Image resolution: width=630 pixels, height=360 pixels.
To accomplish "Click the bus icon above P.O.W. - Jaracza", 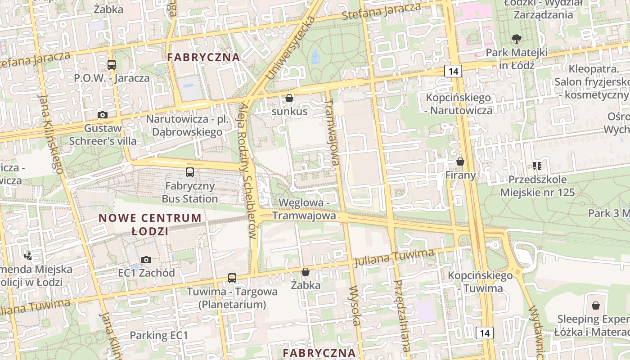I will [x=111, y=64].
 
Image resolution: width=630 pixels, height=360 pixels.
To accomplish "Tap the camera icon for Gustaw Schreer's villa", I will [x=103, y=115].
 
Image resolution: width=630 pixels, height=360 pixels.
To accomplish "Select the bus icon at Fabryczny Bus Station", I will [x=190, y=172].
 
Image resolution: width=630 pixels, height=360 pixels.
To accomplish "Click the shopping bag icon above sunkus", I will [x=289, y=98].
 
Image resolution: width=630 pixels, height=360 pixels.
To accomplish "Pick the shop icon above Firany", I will [x=460, y=161].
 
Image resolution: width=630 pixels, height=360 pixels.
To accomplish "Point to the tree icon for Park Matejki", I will [x=516, y=39].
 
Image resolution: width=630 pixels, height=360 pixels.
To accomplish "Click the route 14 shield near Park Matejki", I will [x=453, y=71].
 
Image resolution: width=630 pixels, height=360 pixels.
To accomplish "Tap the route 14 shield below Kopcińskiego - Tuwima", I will [x=484, y=333].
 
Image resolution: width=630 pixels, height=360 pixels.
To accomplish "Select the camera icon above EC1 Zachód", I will [x=146, y=260].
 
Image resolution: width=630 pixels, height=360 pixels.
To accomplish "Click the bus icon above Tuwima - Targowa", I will [x=232, y=278].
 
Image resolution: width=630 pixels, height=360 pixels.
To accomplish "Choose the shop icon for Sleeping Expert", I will [x=596, y=306].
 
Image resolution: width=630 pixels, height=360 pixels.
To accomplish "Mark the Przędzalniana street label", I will [x=402, y=315].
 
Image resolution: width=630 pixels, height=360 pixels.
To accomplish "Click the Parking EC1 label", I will [x=158, y=335].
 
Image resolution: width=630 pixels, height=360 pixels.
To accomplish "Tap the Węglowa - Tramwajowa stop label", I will [x=304, y=209].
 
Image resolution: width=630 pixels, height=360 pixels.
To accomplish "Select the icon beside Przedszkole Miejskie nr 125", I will [x=537, y=166].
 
